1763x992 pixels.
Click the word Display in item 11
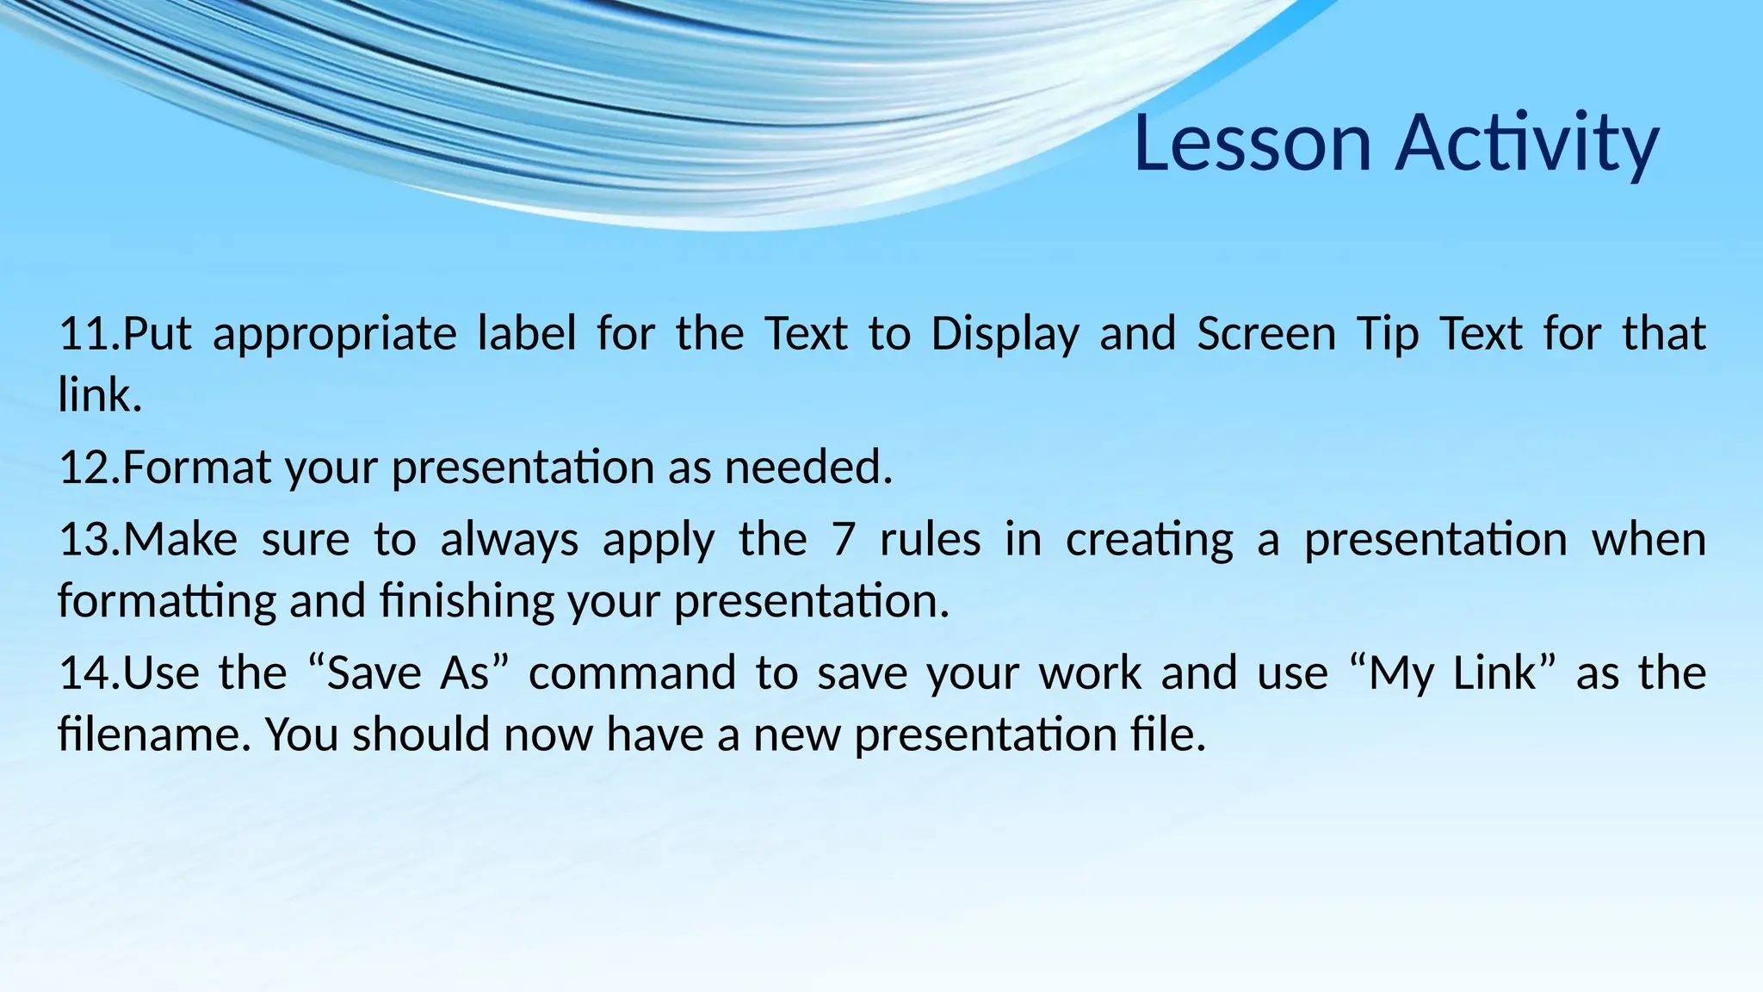tap(1005, 334)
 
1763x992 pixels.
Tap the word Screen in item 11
tap(1266, 334)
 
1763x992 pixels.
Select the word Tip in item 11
tap(1387, 334)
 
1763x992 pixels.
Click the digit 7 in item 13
tap(844, 541)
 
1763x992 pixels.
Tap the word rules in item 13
tap(931, 541)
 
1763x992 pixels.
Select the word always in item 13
tap(509, 541)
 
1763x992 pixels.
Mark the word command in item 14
tap(632, 673)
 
